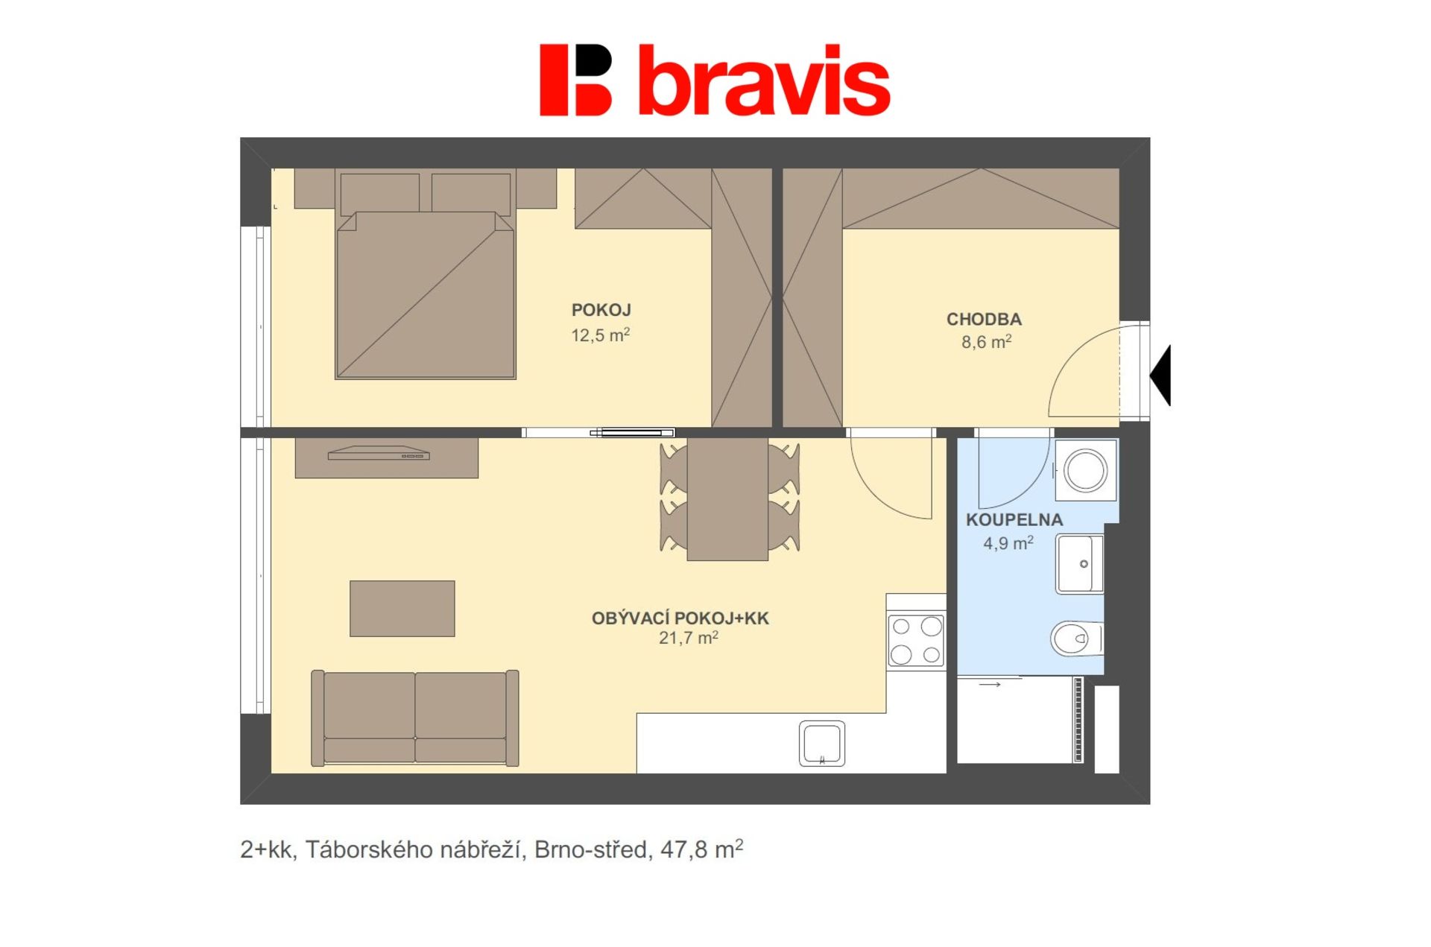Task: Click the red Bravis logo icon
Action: click(575, 80)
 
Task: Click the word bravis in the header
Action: click(765, 80)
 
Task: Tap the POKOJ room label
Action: click(601, 310)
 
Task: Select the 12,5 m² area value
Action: click(601, 335)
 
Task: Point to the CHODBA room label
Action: click(984, 320)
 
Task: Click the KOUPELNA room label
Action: click(1014, 520)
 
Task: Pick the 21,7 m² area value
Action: click(689, 638)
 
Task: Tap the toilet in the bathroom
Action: click(1077, 639)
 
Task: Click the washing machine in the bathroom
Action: click(1086, 470)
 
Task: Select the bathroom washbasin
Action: click(1079, 564)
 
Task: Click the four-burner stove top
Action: click(916, 640)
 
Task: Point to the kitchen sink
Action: click(822, 744)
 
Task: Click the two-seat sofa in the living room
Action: click(414, 718)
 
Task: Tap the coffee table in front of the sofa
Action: click(402, 609)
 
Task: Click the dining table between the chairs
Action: click(727, 498)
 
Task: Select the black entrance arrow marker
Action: click(1160, 376)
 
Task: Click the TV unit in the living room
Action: click(387, 457)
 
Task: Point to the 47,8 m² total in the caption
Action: click(701, 849)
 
